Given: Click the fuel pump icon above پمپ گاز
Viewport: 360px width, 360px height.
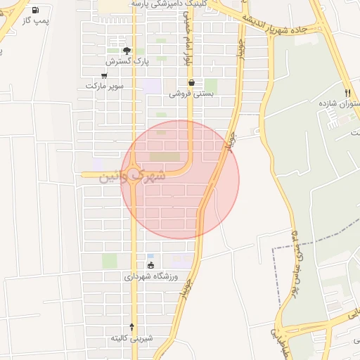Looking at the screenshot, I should (35, 11).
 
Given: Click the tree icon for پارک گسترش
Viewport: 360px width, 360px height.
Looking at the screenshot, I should (127, 51).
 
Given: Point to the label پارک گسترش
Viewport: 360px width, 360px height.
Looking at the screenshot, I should (127, 61).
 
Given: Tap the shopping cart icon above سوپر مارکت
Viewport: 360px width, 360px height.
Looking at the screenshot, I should (105, 75).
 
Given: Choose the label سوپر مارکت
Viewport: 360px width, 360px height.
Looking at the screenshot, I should (105, 85).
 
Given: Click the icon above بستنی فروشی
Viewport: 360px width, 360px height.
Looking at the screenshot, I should (191, 82).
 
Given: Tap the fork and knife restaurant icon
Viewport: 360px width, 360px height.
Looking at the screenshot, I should (347, 93).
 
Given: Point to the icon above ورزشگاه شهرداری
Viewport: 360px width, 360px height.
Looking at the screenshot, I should (150, 265).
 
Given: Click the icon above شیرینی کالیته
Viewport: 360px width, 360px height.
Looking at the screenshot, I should (132, 326).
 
